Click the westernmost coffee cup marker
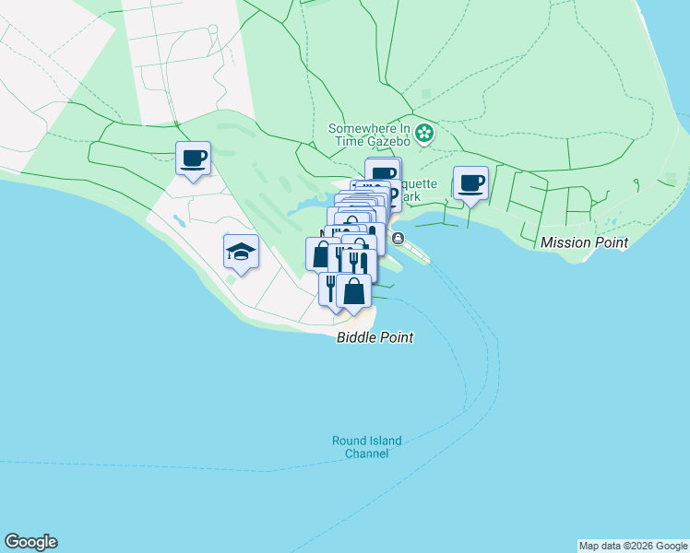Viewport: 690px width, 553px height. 193,159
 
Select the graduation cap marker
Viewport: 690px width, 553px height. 241,252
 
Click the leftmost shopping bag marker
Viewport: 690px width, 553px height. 319,254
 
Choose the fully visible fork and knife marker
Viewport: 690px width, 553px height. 359,263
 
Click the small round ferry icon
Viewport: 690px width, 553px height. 398,239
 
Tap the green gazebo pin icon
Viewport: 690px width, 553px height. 423,134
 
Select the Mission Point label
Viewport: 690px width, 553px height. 584,242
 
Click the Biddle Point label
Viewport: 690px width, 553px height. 374,338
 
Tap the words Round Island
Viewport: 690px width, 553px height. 366,441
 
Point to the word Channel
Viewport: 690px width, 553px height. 366,453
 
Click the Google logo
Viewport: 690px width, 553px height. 30,542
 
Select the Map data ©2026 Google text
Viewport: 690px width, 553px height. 633,546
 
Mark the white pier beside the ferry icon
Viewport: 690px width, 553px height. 416,251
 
